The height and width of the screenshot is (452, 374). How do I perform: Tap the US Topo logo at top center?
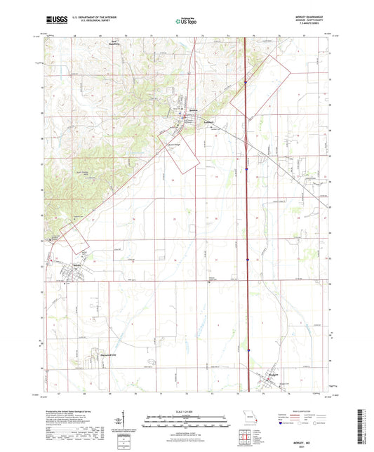pyautogui.click(x=184, y=22)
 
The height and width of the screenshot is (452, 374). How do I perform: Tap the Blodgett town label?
pyautogui.click(x=272, y=375)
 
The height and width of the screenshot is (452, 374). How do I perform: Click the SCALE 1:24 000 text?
pyautogui.click(x=186, y=411)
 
